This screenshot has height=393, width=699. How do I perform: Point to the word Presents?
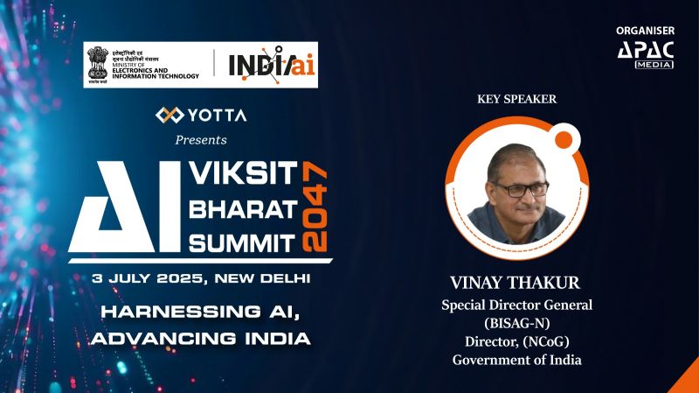[x=201, y=139]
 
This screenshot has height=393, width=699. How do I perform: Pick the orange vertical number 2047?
[x=316, y=207]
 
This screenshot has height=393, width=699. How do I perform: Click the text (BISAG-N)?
[x=516, y=323]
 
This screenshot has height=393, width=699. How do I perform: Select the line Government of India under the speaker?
[x=516, y=360]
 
